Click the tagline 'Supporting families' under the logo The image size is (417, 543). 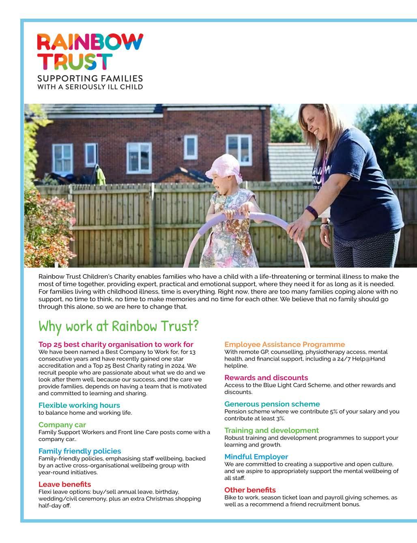pyautogui.click(x=90, y=78)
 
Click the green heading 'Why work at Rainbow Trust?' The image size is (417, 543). pyautogui.click(x=118, y=326)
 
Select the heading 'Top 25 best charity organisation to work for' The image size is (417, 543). pyautogui.click(x=116, y=344)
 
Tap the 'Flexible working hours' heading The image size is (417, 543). pyautogui.click(x=79, y=405)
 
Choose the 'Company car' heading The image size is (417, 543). pyautogui.click(x=62, y=425)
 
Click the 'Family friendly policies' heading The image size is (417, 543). pyautogui.click(x=80, y=451)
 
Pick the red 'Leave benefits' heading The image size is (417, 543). pyautogui.click(x=64, y=484)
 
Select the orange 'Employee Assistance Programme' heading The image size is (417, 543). pyautogui.click(x=284, y=344)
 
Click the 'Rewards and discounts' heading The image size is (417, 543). pyautogui.click(x=266, y=378)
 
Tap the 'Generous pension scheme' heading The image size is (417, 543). pyautogui.click(x=272, y=404)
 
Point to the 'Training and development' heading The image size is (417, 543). pyautogui.click(x=271, y=430)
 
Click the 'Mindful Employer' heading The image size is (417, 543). pyautogui.click(x=256, y=457)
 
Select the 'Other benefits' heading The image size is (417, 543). pyautogui.click(x=250, y=490)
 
